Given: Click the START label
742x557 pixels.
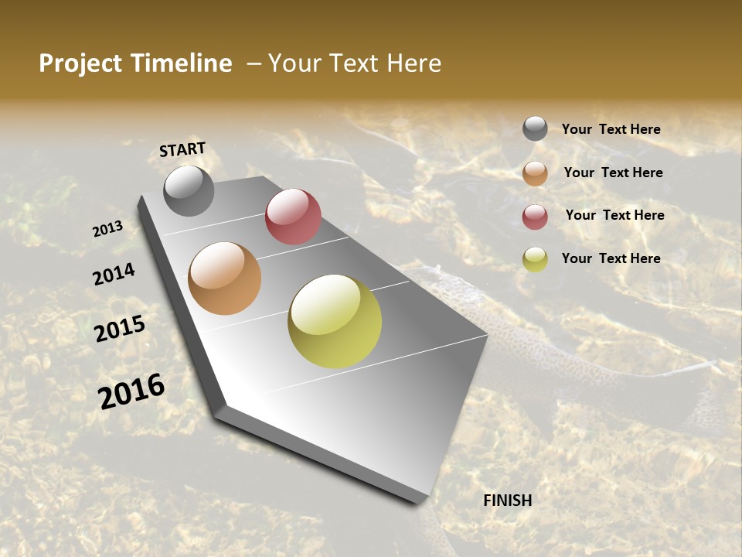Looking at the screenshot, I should (182, 149).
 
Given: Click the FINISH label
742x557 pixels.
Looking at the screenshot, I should (507, 501).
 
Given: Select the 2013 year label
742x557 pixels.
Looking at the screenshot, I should (107, 229).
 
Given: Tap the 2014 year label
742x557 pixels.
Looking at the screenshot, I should (114, 274).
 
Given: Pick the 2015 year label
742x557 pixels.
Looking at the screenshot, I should (120, 329).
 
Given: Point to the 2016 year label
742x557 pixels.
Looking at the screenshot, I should (131, 391).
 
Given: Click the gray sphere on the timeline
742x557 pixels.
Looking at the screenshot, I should (189, 191).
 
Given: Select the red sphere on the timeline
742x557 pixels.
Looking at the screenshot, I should (293, 217).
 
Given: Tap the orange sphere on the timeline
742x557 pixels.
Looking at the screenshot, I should (225, 278).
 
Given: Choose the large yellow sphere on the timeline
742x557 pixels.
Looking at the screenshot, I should (335, 321).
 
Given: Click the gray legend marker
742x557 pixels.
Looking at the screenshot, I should (535, 129).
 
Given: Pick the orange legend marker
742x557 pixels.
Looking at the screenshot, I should (535, 173).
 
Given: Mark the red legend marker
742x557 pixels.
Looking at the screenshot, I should (535, 217).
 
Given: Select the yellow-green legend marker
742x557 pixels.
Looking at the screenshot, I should (535, 259).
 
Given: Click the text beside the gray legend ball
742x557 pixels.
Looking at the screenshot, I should (611, 129).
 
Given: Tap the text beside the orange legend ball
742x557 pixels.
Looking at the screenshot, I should (613, 173).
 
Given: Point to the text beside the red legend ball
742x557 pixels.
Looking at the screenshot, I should (614, 215).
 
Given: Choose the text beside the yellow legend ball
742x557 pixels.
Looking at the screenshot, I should (611, 258).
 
